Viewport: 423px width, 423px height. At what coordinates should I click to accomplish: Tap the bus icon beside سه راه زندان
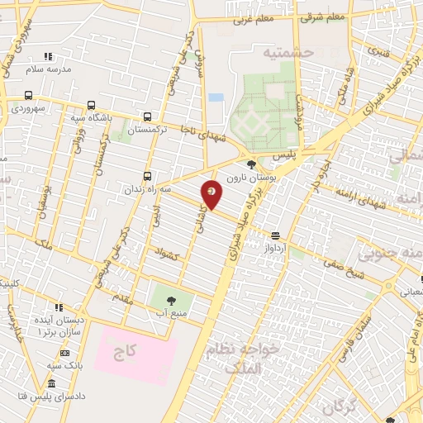(x=148, y=176)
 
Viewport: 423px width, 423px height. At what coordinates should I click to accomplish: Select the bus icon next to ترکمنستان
(x=148, y=117)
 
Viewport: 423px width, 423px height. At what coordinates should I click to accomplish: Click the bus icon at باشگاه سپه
(x=90, y=106)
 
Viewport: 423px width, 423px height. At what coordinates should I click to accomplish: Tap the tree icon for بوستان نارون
(x=251, y=165)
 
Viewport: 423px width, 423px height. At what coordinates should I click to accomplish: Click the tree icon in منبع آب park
(x=172, y=301)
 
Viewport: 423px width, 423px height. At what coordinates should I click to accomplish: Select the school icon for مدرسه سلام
(x=48, y=57)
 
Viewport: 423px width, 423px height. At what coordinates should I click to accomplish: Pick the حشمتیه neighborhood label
(x=289, y=52)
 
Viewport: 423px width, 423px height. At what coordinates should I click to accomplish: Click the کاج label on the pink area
(x=125, y=353)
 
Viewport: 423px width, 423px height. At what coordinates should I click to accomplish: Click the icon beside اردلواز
(x=275, y=235)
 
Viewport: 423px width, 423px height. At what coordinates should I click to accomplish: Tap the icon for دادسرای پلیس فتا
(x=52, y=384)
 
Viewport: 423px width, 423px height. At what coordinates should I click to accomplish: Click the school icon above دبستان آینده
(x=58, y=307)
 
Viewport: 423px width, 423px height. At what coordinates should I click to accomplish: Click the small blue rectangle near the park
(x=216, y=97)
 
